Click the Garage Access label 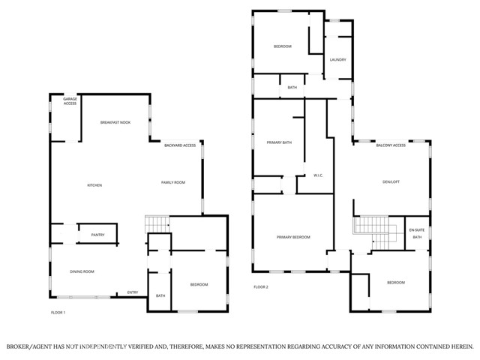70,101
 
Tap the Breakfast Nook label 115,121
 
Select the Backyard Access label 180,145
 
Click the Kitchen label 94,185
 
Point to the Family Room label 173,182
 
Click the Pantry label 97,235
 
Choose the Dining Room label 82,271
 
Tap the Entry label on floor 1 133,292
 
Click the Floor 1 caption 58,312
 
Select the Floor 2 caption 260,287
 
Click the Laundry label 337,59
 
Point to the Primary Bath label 279,142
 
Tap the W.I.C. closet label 317,177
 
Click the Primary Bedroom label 293,237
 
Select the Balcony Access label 391,145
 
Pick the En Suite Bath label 416,233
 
